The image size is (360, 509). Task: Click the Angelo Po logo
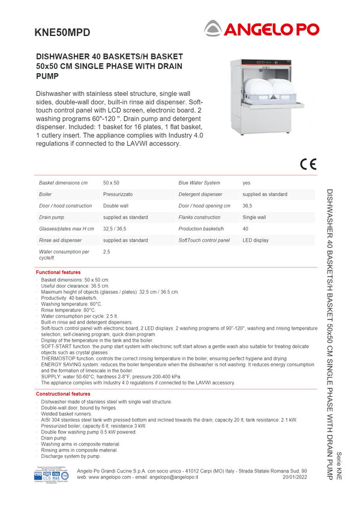pyautogui.click(x=261, y=28)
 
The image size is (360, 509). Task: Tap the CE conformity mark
pyautogui.click(x=308, y=164)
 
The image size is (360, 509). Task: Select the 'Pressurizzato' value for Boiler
pyautogui.click(x=118, y=194)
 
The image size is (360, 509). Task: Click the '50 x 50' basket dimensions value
pyautogui.click(x=111, y=182)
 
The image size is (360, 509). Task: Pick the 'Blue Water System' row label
pyautogui.click(x=199, y=182)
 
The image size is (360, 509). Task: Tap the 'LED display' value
pyautogui.click(x=256, y=240)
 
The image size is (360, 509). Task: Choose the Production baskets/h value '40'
pyautogui.click(x=245, y=228)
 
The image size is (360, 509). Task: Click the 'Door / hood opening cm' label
pyautogui.click(x=205, y=206)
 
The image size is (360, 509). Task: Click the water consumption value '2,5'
pyautogui.click(x=107, y=252)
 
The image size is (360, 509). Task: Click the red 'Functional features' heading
pyautogui.click(x=58, y=272)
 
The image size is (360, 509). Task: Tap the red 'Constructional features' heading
pyautogui.click(x=63, y=394)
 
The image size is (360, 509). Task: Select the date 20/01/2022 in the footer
pyautogui.click(x=295, y=477)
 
